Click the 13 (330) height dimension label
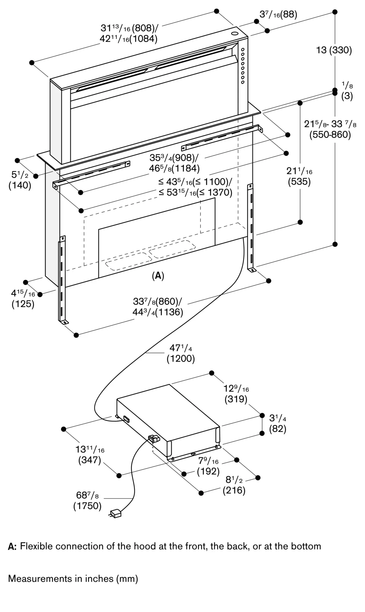(x=334, y=50)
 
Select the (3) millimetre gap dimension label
(x=347, y=96)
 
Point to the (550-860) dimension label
(x=330, y=135)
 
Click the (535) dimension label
(x=299, y=182)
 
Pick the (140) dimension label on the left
(x=20, y=185)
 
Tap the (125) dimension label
(x=23, y=304)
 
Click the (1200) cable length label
(x=181, y=359)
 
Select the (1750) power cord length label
(x=87, y=506)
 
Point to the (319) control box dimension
(x=236, y=399)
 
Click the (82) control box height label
(x=278, y=429)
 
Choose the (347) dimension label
(x=90, y=460)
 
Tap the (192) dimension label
(x=208, y=471)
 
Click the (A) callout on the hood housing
(x=158, y=276)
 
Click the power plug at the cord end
(x=115, y=513)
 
